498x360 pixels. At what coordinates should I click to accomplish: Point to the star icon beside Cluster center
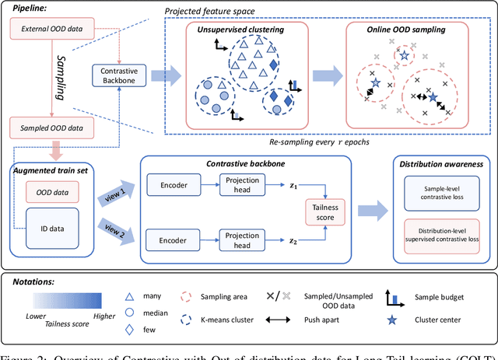403,320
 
